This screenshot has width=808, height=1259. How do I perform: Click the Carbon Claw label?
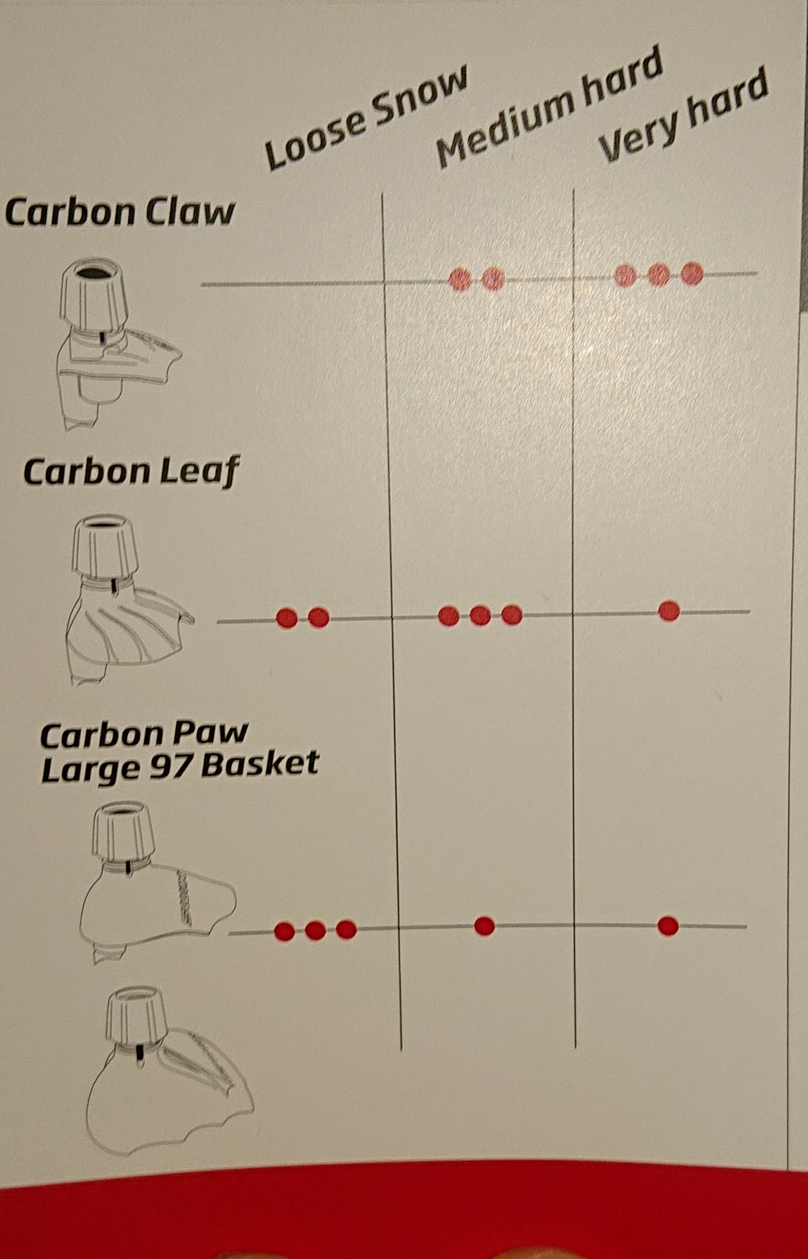(x=120, y=212)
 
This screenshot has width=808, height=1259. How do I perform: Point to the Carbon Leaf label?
(x=131, y=472)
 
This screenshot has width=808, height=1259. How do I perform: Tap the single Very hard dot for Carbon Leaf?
(x=669, y=610)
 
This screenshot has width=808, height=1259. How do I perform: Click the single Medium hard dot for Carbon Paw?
(x=484, y=926)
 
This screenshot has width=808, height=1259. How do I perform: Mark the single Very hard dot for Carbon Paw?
(x=668, y=926)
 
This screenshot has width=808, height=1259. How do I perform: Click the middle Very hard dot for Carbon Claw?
(x=659, y=275)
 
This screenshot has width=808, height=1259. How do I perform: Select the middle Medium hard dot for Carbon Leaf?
(x=480, y=616)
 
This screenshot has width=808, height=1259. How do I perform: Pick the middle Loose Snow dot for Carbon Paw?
(x=315, y=931)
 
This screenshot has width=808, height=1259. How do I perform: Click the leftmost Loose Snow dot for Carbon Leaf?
(x=287, y=618)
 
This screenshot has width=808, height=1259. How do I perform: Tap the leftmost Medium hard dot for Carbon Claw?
(x=460, y=279)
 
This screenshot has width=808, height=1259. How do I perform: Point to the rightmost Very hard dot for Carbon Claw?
(x=692, y=274)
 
